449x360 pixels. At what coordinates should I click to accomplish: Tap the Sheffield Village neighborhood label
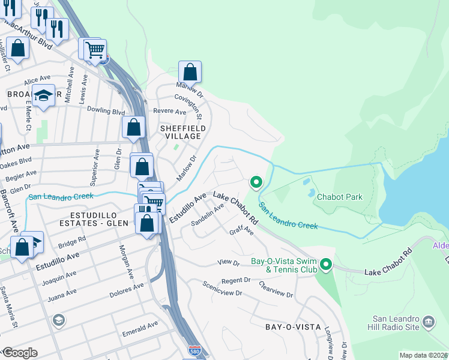click(183, 133)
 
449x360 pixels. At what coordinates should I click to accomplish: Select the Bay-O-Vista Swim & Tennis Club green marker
click(326, 264)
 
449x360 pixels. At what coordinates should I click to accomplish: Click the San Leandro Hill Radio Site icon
click(429, 323)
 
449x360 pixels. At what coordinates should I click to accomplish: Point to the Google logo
click(20, 353)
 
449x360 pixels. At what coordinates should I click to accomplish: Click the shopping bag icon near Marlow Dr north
click(190, 72)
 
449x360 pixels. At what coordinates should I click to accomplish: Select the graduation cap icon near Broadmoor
click(43, 95)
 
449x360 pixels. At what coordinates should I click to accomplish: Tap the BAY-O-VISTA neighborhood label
click(291, 327)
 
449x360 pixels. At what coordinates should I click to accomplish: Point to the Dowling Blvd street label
click(106, 111)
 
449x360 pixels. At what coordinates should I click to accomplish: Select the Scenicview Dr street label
click(221, 289)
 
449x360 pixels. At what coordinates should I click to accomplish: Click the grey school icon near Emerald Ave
click(58, 320)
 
